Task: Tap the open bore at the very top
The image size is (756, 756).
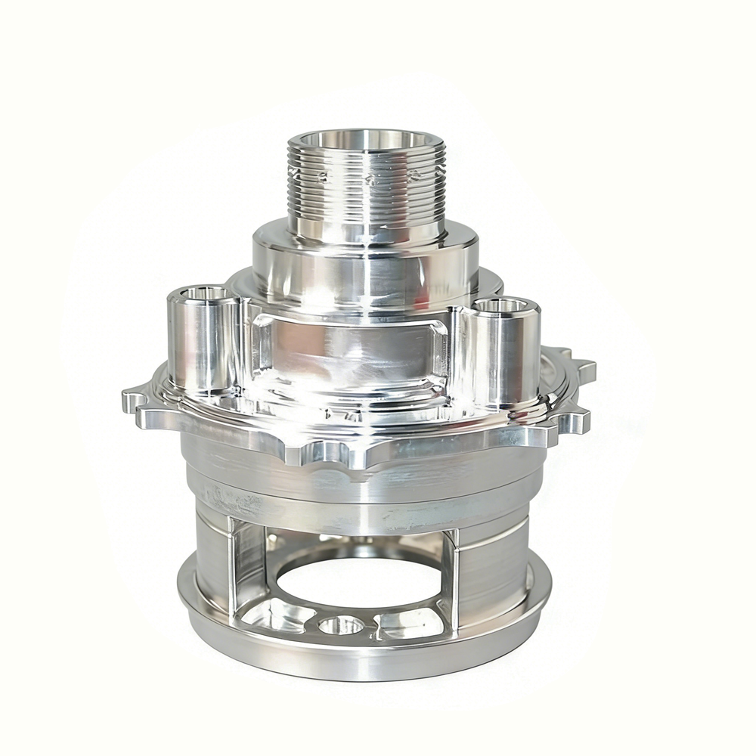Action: (x=367, y=140)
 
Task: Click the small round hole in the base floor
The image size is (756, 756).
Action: (x=341, y=624)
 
